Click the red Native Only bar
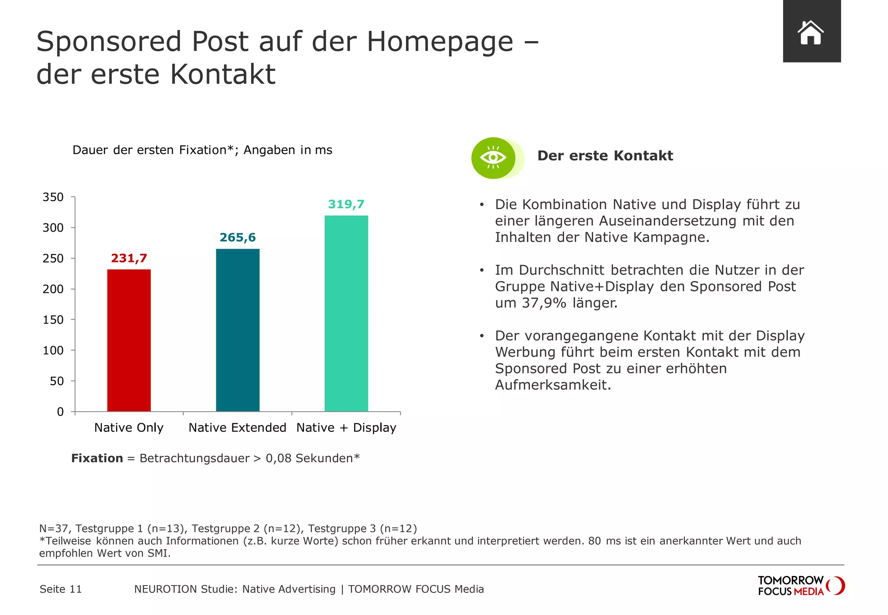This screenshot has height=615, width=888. [129, 340]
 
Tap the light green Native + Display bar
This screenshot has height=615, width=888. [346, 313]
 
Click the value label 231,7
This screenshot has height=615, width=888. [129, 258]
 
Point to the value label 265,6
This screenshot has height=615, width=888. [238, 238]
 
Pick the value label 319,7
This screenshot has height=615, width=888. [346, 204]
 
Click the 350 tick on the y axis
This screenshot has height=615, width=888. [53, 197]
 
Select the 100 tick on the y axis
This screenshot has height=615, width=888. [53, 350]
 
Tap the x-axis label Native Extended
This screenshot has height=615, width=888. [237, 428]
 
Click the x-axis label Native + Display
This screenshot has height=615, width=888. [346, 428]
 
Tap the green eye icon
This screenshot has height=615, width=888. [493, 158]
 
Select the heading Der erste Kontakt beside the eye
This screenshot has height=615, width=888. [605, 156]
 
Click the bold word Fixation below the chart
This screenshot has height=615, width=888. [97, 458]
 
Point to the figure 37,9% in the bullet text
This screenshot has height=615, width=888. [544, 303]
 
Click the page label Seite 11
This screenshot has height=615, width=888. [61, 589]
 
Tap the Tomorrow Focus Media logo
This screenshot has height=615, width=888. [800, 586]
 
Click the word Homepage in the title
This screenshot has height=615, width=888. [440, 42]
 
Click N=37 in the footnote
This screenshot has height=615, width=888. [55, 528]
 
